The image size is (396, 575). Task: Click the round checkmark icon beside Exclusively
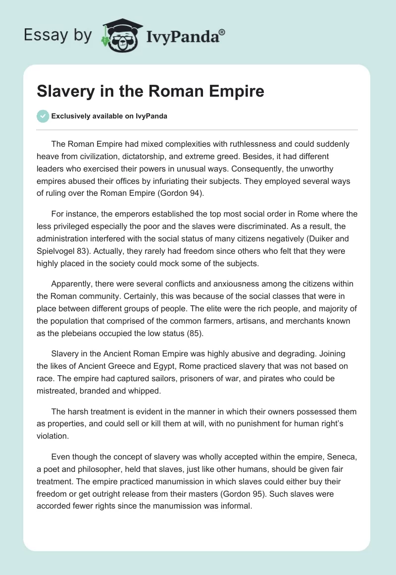[43, 116]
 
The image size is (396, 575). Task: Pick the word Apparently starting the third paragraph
[74, 284]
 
